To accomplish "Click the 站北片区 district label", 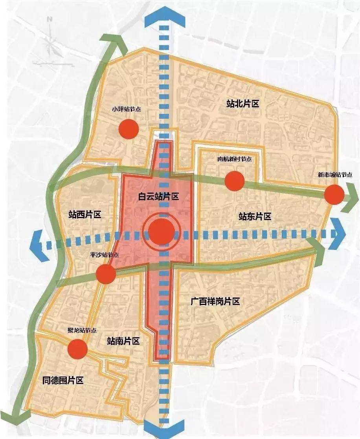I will click(x=243, y=104).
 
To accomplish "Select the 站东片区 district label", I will click(x=255, y=217).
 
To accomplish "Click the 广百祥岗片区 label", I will click(x=215, y=302).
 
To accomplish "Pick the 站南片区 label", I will click(x=123, y=341).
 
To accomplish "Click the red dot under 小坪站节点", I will click(x=129, y=129).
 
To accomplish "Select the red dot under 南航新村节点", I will click(x=235, y=181).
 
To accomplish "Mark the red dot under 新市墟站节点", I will click(x=334, y=195).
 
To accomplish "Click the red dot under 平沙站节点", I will click(x=106, y=274).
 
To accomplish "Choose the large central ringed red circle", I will click(x=162, y=233).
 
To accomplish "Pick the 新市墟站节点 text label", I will click(x=335, y=175).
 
